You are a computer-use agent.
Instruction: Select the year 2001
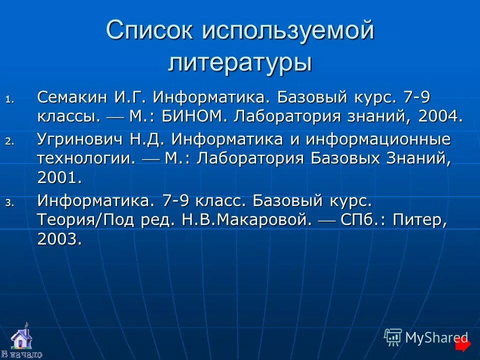pos(59,177)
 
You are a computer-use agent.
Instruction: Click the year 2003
pos(59,239)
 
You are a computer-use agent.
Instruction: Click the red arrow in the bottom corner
pos(463,344)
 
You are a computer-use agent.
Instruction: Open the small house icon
pos(20,337)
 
